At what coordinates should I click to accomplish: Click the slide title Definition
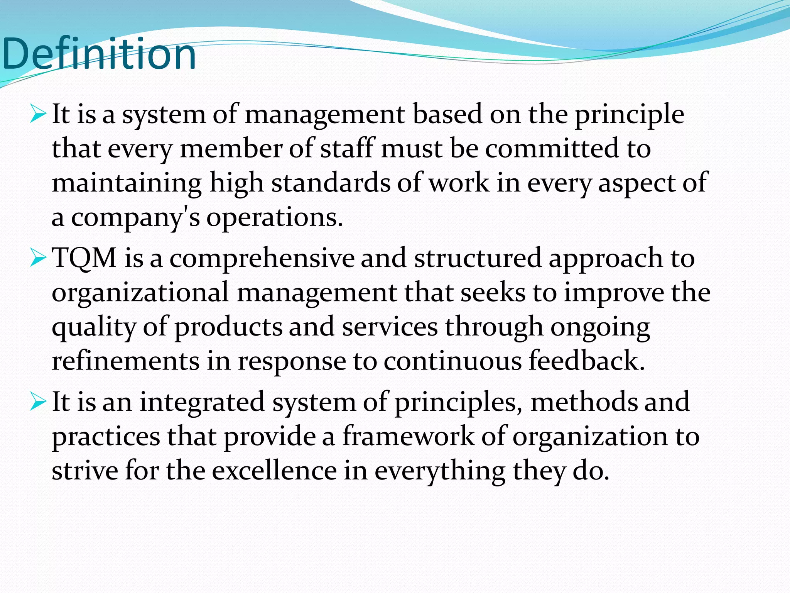coord(99,54)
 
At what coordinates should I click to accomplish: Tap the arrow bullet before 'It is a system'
coord(38,114)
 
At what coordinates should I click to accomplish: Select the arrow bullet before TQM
coord(38,258)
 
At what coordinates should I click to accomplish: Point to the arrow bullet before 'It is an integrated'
coord(38,402)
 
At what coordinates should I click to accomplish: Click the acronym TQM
coord(84,258)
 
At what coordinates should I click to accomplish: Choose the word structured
coord(478,258)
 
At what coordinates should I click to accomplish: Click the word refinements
coord(126,361)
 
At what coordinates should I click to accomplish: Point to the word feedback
coord(586,361)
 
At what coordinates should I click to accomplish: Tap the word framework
coord(409,436)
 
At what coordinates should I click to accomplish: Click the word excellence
coord(274,471)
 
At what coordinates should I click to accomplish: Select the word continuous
coord(452,361)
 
